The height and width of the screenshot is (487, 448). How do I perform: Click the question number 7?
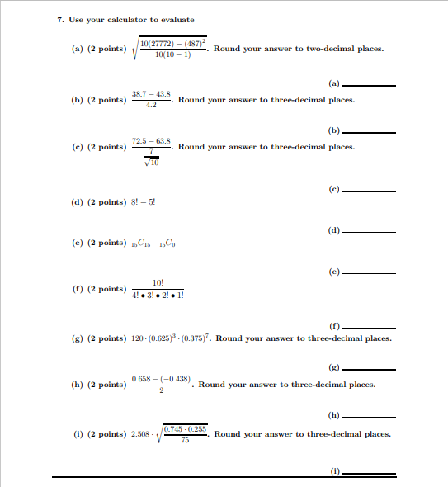coord(60,20)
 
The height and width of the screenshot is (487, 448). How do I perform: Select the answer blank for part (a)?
coord(369,85)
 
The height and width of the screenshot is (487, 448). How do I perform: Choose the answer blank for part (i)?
coord(369,472)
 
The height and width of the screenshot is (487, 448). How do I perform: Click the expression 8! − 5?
coord(144,202)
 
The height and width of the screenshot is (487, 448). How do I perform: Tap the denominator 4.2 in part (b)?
coord(151,106)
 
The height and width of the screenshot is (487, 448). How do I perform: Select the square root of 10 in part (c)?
coord(151,162)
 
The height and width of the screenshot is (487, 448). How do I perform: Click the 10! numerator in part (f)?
coord(158,283)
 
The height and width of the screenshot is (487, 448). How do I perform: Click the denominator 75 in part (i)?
coord(185,441)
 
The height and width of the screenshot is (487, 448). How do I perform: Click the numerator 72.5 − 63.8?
coord(151,142)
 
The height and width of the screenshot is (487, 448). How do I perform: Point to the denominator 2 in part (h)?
coord(162,391)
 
